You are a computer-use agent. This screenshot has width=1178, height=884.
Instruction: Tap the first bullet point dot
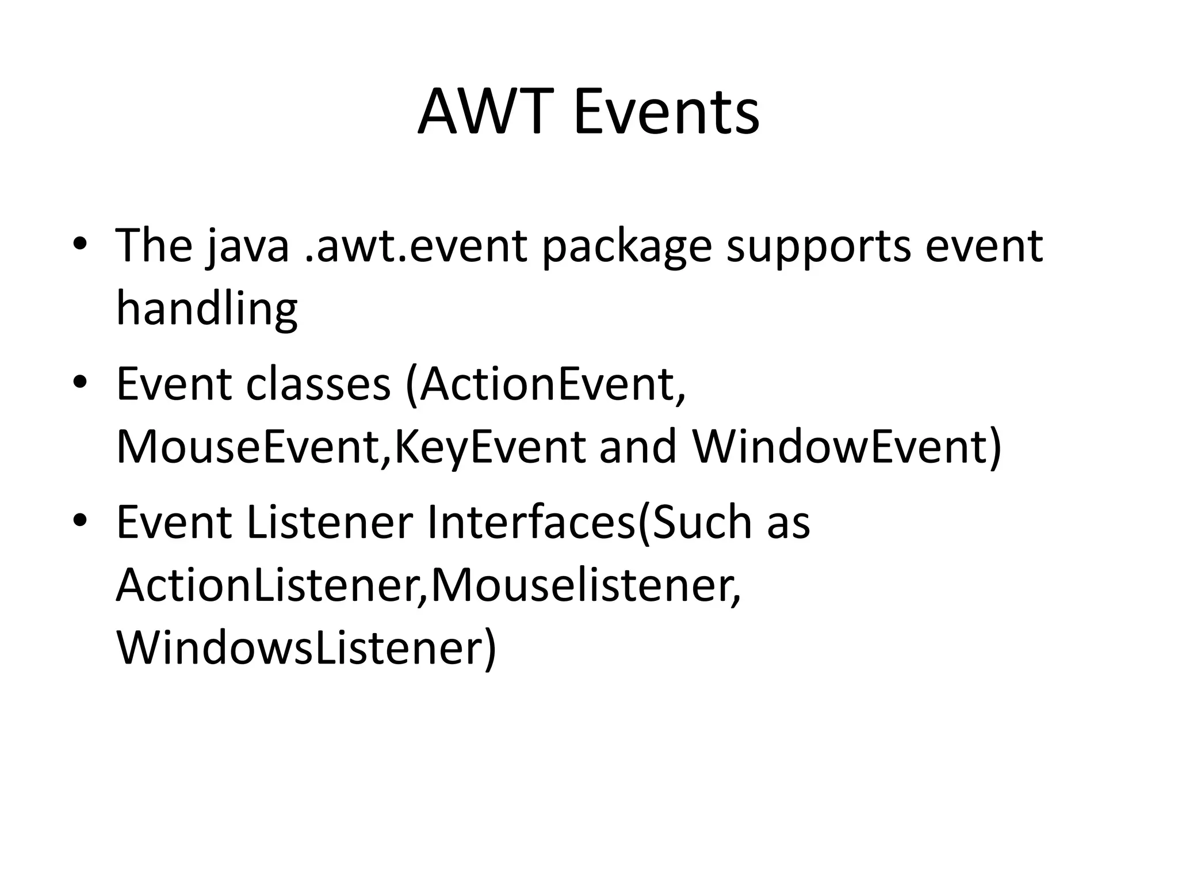(x=79, y=243)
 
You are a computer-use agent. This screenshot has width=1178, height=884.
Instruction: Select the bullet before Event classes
(x=79, y=382)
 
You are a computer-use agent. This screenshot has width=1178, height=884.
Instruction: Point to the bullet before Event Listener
(x=79, y=520)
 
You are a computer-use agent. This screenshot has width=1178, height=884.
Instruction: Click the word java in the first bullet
(x=248, y=246)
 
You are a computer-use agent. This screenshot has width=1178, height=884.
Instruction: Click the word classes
(x=318, y=384)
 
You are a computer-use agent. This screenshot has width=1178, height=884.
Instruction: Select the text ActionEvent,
(x=552, y=384)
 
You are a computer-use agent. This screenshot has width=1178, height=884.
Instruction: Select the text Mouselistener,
(x=586, y=586)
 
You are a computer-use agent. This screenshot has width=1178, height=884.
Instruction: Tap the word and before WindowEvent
(x=638, y=448)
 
